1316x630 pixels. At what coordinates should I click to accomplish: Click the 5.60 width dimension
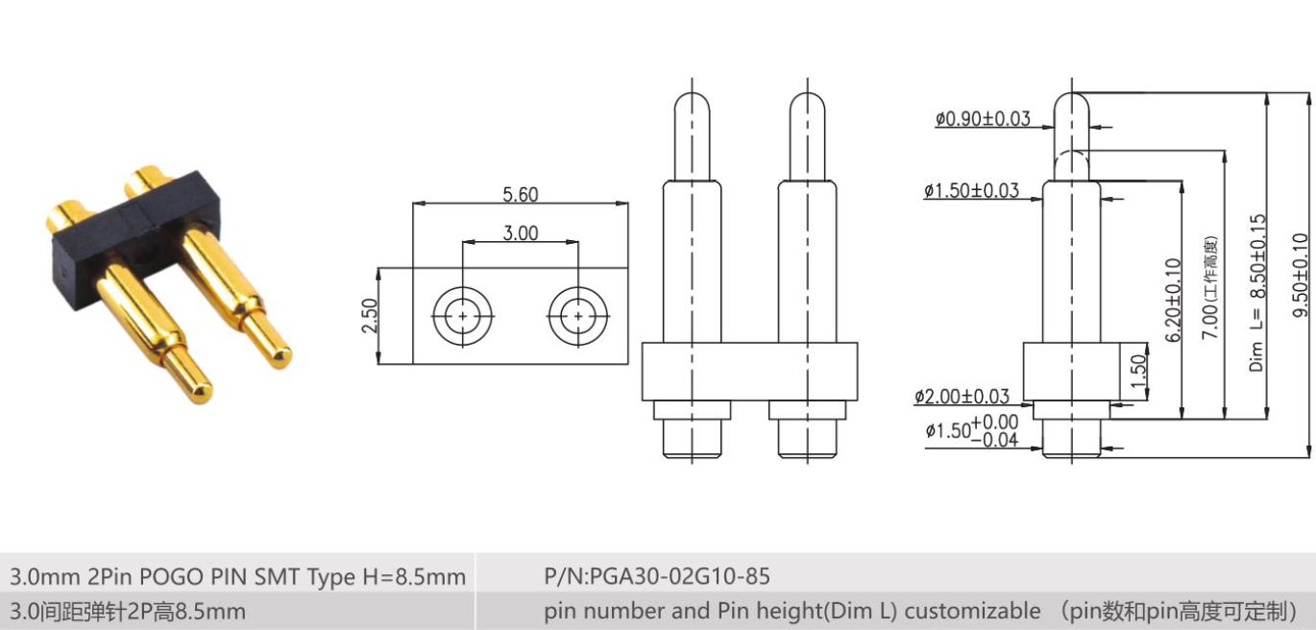[x=520, y=195]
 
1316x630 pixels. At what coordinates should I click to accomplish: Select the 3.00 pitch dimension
[x=520, y=233]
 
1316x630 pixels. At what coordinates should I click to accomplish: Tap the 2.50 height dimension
[x=369, y=316]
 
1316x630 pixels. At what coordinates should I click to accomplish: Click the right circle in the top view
[x=578, y=316]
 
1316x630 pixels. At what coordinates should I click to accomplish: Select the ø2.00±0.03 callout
[x=962, y=397]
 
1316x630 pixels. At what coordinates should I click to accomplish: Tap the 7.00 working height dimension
[x=1212, y=288]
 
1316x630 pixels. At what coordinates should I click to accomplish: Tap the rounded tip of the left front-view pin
[x=693, y=103]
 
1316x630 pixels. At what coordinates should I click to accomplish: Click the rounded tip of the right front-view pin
[x=808, y=103]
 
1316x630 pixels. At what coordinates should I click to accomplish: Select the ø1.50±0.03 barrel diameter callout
[x=971, y=191]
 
